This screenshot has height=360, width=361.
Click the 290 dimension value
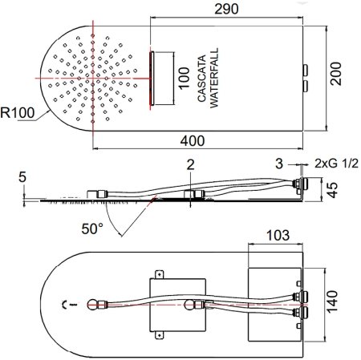(x=226, y=9)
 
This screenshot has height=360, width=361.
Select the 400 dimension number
(x=193, y=140)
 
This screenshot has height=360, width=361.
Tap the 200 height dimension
(x=336, y=74)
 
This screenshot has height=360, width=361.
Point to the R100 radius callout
(x=18, y=112)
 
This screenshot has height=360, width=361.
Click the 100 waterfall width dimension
(x=184, y=79)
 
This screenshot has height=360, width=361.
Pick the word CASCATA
(x=202, y=79)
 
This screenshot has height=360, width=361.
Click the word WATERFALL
(x=214, y=78)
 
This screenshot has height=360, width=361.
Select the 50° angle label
(x=92, y=229)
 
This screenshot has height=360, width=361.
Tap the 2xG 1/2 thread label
(x=336, y=164)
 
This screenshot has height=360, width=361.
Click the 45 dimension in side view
(x=332, y=190)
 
